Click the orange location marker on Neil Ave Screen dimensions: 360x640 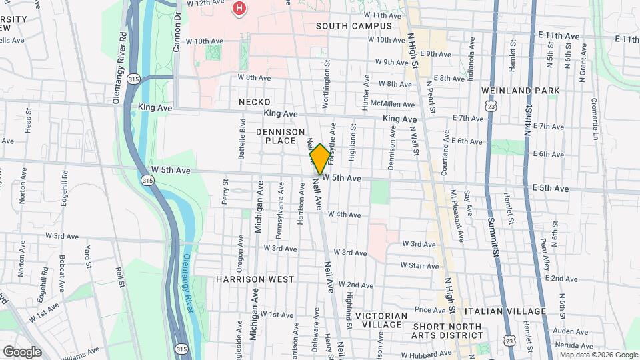click(319, 159)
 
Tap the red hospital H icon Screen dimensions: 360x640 click(238, 8)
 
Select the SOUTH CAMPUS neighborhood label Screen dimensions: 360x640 click(354, 26)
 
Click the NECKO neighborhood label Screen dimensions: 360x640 click(255, 101)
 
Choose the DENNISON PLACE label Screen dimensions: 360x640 click(280, 137)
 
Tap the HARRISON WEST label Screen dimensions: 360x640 click(245, 279)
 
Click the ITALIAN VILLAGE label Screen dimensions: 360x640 click(505, 311)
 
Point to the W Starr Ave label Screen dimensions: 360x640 click(419, 265)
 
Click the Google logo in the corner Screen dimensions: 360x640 click(22, 351)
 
